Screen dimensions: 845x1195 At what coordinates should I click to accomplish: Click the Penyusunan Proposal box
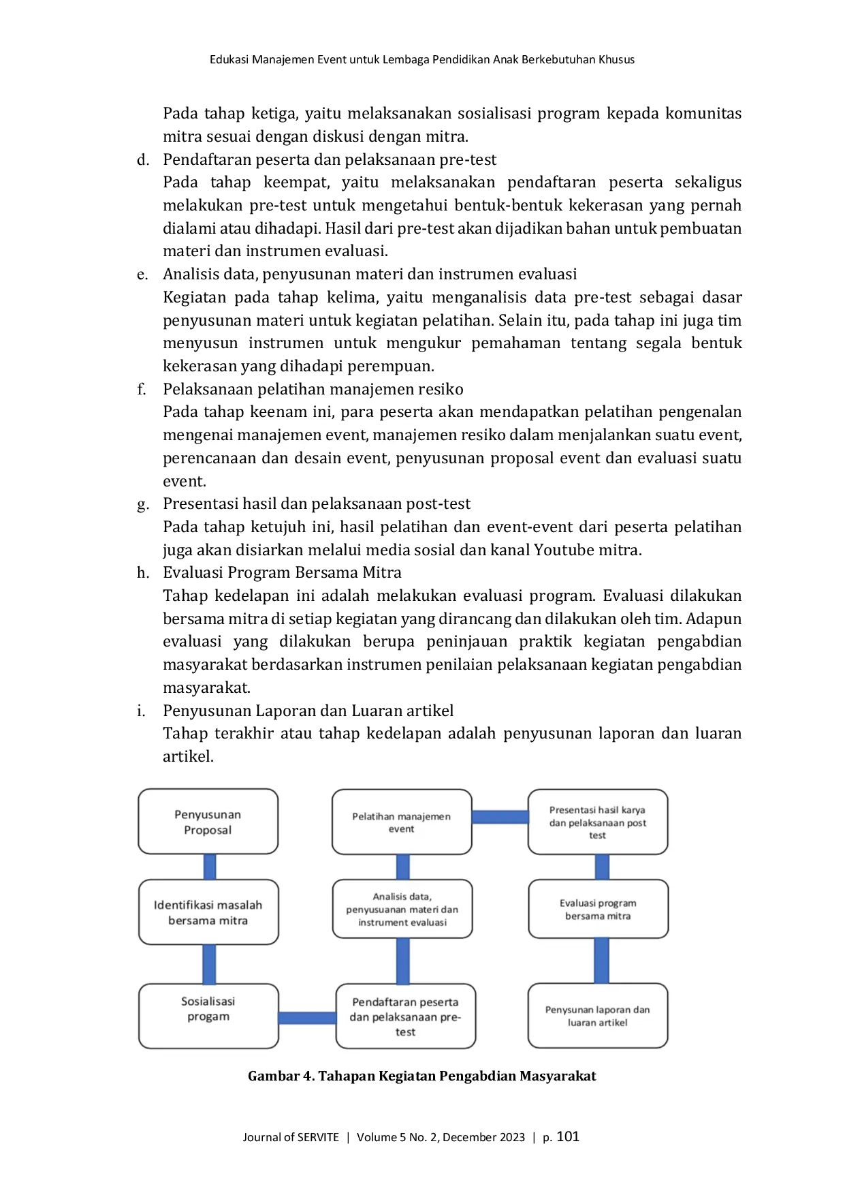(x=208, y=822)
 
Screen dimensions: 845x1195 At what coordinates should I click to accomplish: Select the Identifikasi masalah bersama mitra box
(x=208, y=912)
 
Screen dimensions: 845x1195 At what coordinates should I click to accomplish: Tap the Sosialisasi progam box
(x=208, y=1016)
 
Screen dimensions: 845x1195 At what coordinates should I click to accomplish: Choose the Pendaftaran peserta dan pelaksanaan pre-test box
(x=406, y=1016)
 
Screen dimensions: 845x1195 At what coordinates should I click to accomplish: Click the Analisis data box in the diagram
(x=402, y=909)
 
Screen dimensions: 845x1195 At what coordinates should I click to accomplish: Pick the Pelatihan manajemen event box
(x=402, y=822)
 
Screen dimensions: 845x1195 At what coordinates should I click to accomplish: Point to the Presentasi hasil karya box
(x=598, y=822)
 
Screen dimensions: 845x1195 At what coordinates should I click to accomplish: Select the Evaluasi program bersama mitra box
(x=599, y=909)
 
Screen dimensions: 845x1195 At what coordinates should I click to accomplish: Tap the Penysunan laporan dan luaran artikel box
(x=598, y=1016)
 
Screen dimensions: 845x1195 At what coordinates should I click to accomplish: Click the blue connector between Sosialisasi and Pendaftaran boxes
(x=308, y=1018)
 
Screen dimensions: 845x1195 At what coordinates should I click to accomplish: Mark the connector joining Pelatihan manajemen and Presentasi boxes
(x=500, y=817)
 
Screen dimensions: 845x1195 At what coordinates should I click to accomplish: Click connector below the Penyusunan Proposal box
(x=210, y=867)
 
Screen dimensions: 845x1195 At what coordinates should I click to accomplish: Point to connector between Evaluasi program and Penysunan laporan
(x=601, y=961)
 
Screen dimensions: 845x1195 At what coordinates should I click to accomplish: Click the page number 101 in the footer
(x=568, y=1136)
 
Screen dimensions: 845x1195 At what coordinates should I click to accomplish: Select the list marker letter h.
(x=143, y=572)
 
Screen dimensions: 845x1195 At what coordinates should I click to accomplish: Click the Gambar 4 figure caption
(x=422, y=1076)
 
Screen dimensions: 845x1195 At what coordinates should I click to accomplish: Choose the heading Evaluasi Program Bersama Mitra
(x=282, y=572)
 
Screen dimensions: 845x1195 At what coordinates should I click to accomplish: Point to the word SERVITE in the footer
(x=318, y=1137)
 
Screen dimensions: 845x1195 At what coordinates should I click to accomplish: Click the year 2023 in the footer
(x=512, y=1137)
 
